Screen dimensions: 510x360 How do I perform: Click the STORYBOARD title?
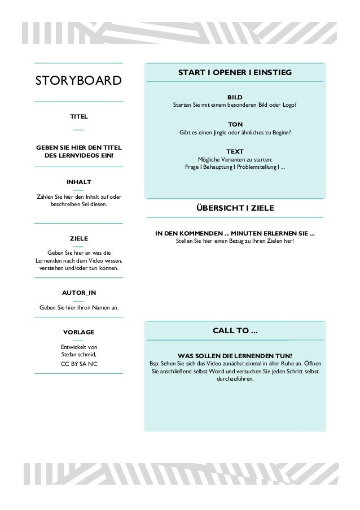click(78, 80)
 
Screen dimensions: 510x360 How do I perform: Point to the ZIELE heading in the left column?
click(78, 238)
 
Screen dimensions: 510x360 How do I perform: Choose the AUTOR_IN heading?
click(78, 293)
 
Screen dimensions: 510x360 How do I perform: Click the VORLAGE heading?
click(78, 332)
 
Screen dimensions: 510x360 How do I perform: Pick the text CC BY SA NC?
click(78, 364)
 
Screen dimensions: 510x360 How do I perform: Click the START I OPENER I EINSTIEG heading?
click(235, 72)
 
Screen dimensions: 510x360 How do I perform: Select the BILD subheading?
click(235, 97)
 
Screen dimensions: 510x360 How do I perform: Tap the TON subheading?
click(235, 124)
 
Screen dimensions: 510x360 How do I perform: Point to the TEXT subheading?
click(235, 151)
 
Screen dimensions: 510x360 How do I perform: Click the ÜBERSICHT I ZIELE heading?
click(235, 208)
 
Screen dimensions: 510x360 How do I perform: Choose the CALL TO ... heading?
click(235, 330)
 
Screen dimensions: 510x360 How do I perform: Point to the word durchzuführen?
click(235, 378)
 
